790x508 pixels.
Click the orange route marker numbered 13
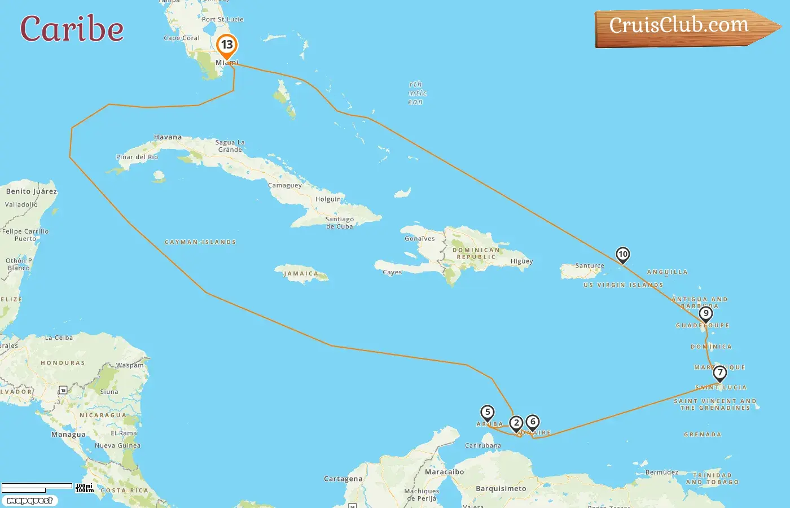pyautogui.click(x=227, y=45)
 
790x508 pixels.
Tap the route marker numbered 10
pyautogui.click(x=622, y=255)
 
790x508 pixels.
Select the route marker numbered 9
pyautogui.click(x=705, y=314)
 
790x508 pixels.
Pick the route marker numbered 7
pyautogui.click(x=719, y=373)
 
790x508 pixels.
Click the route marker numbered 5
pyautogui.click(x=488, y=413)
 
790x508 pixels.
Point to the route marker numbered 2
pyautogui.click(x=516, y=423)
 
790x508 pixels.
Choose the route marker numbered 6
pyautogui.click(x=533, y=422)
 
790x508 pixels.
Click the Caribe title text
pyautogui.click(x=72, y=29)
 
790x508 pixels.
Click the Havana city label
pyautogui.click(x=168, y=137)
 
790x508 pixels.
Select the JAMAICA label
pyautogui.click(x=301, y=274)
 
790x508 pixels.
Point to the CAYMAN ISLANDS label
pyautogui.click(x=200, y=242)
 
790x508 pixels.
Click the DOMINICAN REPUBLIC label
pyautogui.click(x=476, y=253)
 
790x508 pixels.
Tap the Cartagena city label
pyautogui.click(x=343, y=479)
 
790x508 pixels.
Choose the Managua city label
pyautogui.click(x=68, y=435)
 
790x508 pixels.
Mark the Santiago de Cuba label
pyautogui.click(x=340, y=222)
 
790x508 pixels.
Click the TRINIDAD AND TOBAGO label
pyautogui.click(x=712, y=479)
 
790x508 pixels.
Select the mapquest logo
pyautogui.click(x=29, y=500)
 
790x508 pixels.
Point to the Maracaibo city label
pyautogui.click(x=445, y=472)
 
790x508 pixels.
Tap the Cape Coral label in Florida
pyautogui.click(x=182, y=38)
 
